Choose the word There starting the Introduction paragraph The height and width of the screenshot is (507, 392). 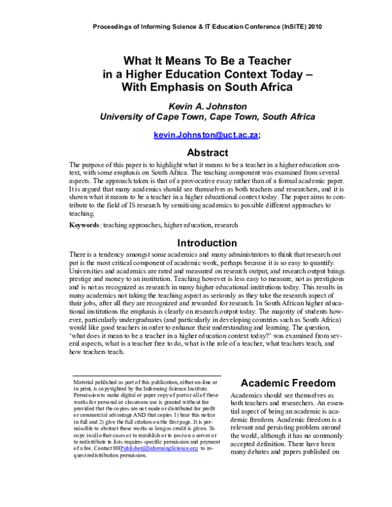click(x=78, y=255)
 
